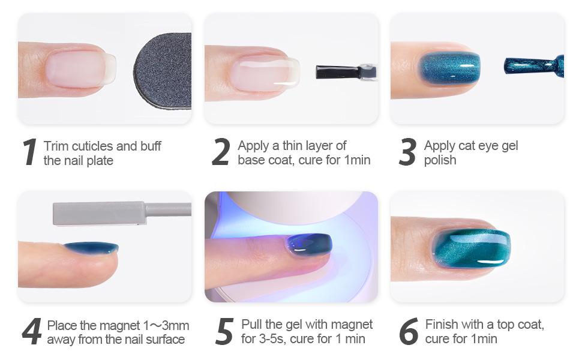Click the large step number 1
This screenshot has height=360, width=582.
click(29, 152)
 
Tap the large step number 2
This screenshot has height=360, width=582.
click(221, 152)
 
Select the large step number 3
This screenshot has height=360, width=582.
click(407, 152)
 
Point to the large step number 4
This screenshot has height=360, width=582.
click(31, 332)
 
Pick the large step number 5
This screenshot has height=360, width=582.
click(224, 332)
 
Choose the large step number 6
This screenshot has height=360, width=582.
click(408, 332)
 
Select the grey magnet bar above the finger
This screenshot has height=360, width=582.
click(99, 214)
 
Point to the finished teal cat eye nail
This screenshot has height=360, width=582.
click(472, 248)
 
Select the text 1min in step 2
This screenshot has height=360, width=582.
click(357, 160)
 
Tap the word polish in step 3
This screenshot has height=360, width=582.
click(440, 160)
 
